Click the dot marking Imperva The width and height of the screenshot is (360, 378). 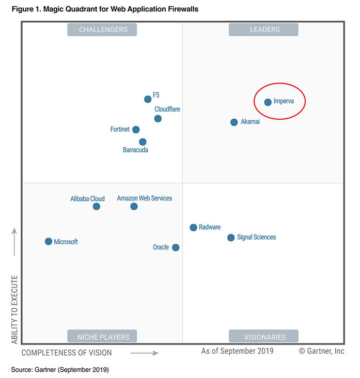pos(268,102)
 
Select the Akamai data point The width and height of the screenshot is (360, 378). pos(234,122)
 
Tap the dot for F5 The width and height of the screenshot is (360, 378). pos(148,99)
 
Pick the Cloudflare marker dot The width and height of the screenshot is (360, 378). pos(158,119)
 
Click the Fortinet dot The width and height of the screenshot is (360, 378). pos(136,130)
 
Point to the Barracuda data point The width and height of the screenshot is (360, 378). pos(143,142)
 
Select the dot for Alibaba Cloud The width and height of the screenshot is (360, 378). pos(96,207)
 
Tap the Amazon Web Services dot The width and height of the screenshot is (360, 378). pos(134,207)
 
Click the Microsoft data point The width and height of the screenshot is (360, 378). pos(49,241)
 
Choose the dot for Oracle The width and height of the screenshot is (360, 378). pos(176,247)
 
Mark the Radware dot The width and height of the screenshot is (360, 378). pos(193,227)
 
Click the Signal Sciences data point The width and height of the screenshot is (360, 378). pos(231,238)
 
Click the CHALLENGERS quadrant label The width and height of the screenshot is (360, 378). pos(103,30)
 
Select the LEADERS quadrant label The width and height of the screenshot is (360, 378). pos(264,30)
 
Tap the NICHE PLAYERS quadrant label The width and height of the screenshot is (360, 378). pos(103,337)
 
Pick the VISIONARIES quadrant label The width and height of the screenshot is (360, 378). pos(264,337)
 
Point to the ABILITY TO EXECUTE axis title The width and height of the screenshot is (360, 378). pos(14,309)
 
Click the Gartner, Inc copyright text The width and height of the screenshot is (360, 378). pos(321,352)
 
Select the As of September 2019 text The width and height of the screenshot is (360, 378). pos(237,352)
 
